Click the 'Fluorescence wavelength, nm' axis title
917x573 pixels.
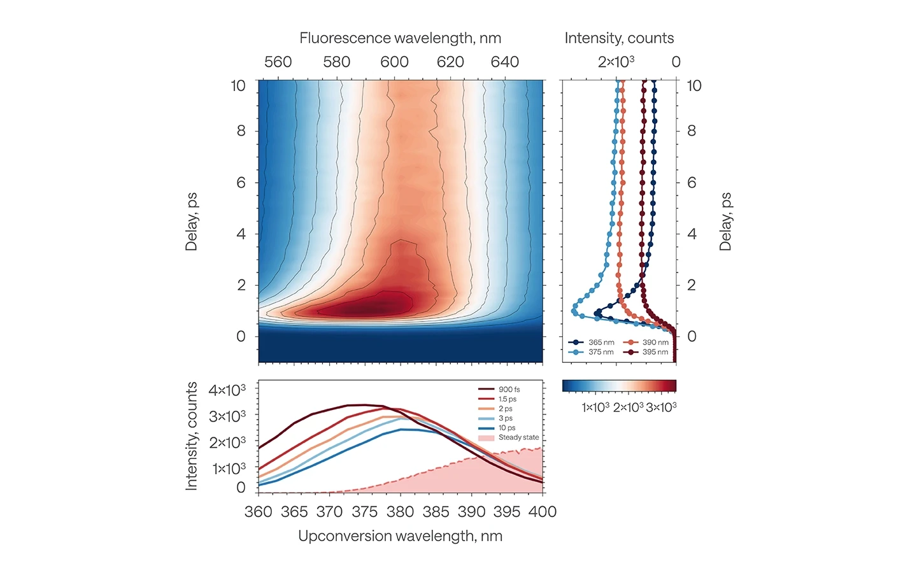[x=400, y=38]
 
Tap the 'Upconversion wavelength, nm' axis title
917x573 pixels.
[x=400, y=536]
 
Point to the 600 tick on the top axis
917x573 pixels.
[x=394, y=62]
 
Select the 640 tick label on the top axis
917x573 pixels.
[x=505, y=62]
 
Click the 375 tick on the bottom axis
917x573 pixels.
[x=365, y=512]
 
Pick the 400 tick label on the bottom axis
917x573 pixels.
[x=543, y=512]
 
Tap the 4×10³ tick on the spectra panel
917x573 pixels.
[x=227, y=390]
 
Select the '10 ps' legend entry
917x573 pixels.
[x=507, y=428]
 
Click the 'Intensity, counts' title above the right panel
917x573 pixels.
[x=619, y=38]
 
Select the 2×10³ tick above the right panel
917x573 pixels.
[x=616, y=62]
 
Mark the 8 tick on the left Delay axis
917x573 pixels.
[x=241, y=131]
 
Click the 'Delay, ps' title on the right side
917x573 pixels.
[x=725, y=222]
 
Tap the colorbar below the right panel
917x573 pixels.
[x=619, y=386]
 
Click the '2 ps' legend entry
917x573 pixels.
[x=506, y=409]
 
